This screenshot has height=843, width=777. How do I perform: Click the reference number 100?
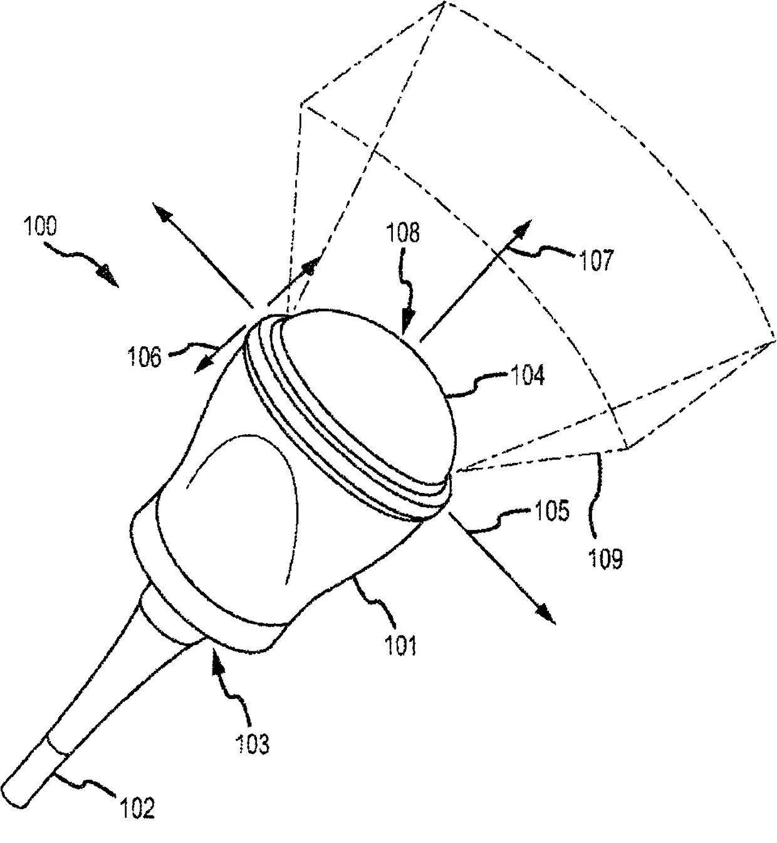40,227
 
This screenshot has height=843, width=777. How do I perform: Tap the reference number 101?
400,645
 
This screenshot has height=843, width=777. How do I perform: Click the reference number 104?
528,375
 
